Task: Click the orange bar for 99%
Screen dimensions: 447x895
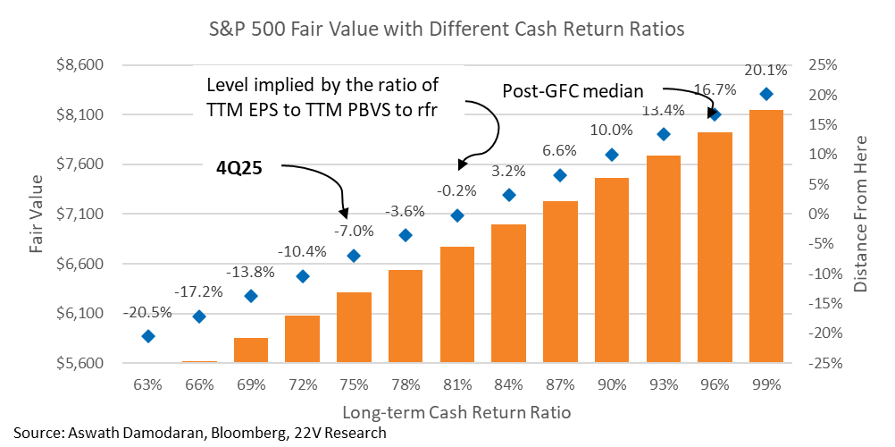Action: (765, 237)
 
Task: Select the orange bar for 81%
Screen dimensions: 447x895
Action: (456, 305)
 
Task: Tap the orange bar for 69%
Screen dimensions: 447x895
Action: (251, 350)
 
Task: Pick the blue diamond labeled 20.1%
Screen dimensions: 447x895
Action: (765, 95)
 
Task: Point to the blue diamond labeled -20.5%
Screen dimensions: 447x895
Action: (148, 336)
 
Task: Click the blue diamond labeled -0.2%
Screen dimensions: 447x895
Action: (457, 215)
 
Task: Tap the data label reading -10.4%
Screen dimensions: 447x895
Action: (302, 252)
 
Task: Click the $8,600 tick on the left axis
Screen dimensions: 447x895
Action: (80, 66)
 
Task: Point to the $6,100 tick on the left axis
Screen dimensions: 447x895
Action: (80, 314)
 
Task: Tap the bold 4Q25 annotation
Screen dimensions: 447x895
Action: (238, 166)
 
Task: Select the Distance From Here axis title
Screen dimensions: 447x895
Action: (861, 215)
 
